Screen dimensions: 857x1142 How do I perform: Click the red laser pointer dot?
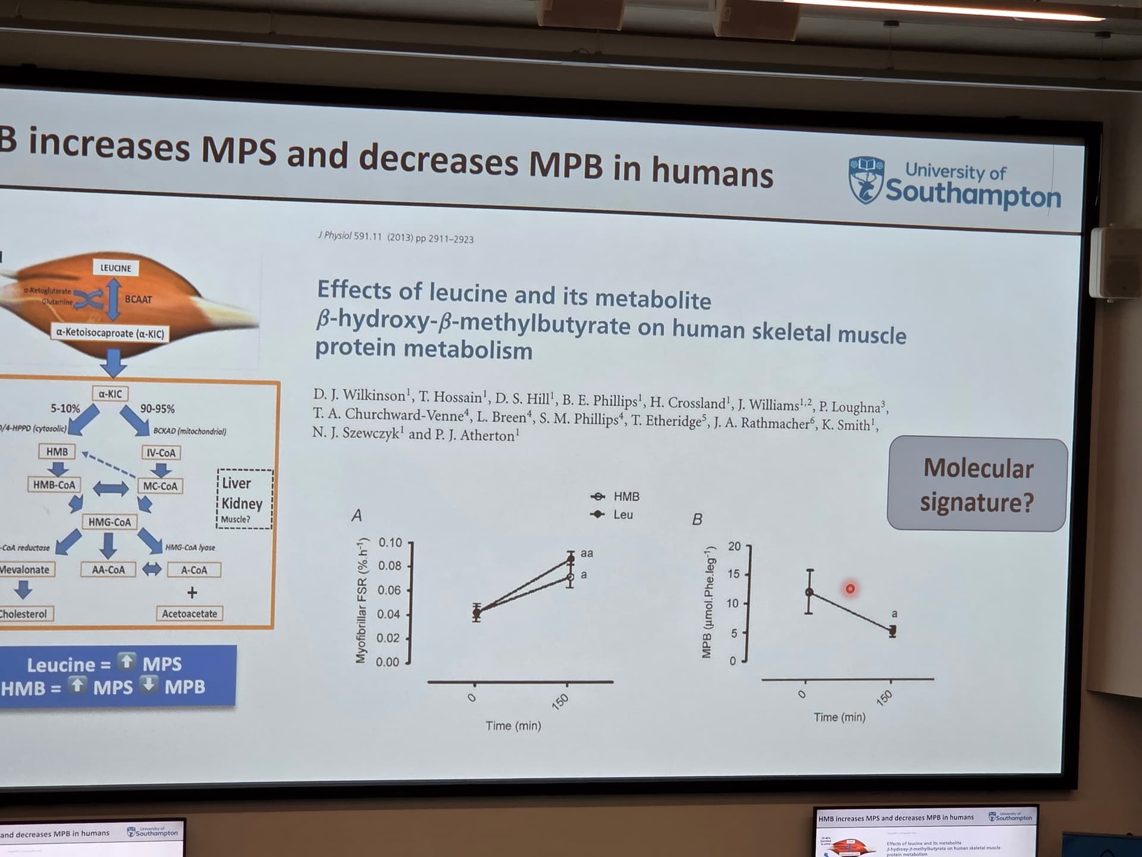click(x=850, y=589)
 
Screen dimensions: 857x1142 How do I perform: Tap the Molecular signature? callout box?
click(x=977, y=484)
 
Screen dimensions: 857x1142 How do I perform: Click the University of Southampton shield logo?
click(x=866, y=180)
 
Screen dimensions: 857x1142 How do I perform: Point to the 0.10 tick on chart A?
click(x=391, y=543)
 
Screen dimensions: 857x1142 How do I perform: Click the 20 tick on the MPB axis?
click(x=735, y=546)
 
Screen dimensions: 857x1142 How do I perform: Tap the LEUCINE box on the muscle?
click(x=115, y=268)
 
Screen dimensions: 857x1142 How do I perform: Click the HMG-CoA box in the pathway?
click(x=109, y=522)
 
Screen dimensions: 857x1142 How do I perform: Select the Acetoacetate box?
click(x=190, y=614)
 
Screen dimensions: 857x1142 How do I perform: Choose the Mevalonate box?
click(x=25, y=570)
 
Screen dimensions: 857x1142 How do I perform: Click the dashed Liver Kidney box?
click(x=244, y=499)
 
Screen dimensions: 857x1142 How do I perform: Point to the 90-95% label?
click(x=158, y=409)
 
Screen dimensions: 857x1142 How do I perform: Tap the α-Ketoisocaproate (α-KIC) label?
click(x=110, y=333)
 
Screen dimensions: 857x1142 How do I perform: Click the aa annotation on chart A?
click(x=586, y=553)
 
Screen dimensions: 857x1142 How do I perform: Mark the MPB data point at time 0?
click(x=809, y=592)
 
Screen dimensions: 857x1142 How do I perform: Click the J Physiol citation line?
click(x=396, y=237)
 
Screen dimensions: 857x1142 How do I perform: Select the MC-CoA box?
click(x=160, y=486)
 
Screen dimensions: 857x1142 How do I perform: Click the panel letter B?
click(x=697, y=520)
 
